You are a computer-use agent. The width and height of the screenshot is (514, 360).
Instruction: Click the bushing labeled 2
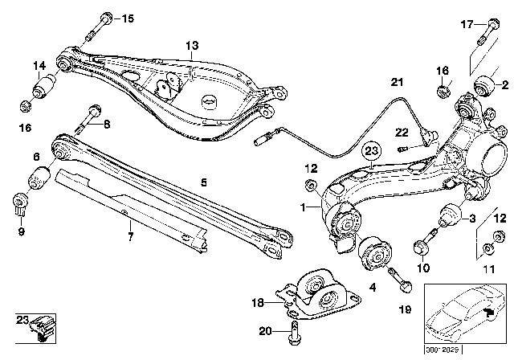(486, 84)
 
